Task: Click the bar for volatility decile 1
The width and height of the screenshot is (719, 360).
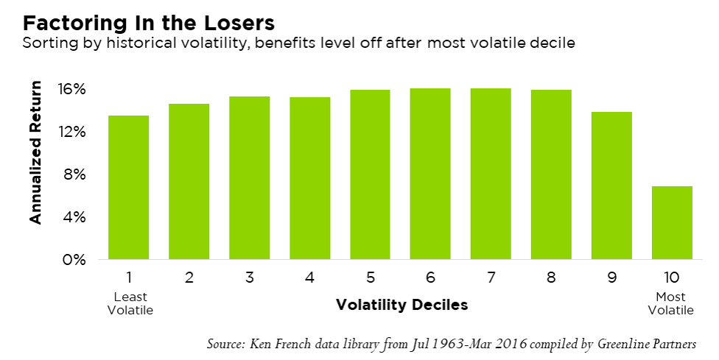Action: pyautogui.click(x=128, y=187)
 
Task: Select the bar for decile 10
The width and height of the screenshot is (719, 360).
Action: pyautogui.click(x=671, y=222)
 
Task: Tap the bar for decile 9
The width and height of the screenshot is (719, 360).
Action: pyautogui.click(x=611, y=186)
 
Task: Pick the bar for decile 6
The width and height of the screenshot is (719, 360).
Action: pyautogui.click(x=430, y=174)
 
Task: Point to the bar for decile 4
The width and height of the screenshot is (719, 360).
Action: pyautogui.click(x=309, y=178)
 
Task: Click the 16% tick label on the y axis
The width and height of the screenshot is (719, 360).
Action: pyautogui.click(x=73, y=90)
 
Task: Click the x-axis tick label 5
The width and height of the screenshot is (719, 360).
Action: pyautogui.click(x=370, y=278)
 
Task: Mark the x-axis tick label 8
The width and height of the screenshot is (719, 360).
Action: pyautogui.click(x=551, y=278)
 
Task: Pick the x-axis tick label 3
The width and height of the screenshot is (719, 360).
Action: pyautogui.click(x=250, y=278)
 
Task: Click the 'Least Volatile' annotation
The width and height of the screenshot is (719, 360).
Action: pyautogui.click(x=129, y=303)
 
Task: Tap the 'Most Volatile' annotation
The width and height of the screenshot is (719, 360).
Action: pyautogui.click(x=670, y=303)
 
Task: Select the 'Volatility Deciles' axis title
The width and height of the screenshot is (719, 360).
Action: pyautogui.click(x=401, y=304)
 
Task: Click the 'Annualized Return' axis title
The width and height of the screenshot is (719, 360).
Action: pyautogui.click(x=35, y=152)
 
